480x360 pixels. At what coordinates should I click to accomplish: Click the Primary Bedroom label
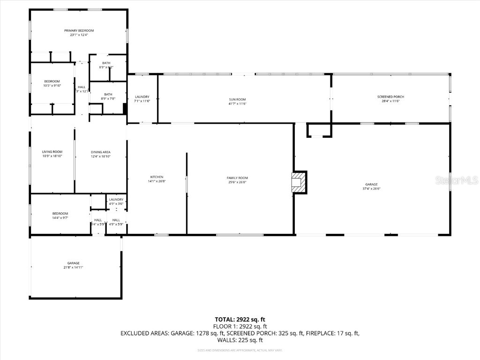79,30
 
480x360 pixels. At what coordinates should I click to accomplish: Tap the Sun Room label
237,99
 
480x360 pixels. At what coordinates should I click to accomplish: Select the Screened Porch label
390,97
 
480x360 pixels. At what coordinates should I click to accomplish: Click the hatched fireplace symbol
297,182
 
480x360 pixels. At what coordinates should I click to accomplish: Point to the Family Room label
237,178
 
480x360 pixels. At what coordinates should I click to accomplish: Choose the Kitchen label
157,177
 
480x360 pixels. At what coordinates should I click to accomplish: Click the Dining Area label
100,152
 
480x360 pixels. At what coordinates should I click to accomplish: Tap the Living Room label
52,152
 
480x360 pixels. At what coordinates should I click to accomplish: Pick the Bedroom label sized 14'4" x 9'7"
60,213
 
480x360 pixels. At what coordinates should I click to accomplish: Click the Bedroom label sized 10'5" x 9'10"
52,82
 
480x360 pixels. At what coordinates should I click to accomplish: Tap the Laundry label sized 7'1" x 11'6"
142,97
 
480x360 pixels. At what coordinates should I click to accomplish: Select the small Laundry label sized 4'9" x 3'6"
116,200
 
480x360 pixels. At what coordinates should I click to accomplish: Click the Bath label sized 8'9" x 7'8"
108,94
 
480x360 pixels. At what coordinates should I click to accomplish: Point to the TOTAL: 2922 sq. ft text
240,319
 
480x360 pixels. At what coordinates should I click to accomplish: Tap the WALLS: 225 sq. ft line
240,340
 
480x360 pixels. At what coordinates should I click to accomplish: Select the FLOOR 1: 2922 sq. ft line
240,326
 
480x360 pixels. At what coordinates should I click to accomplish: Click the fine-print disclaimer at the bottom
240,350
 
